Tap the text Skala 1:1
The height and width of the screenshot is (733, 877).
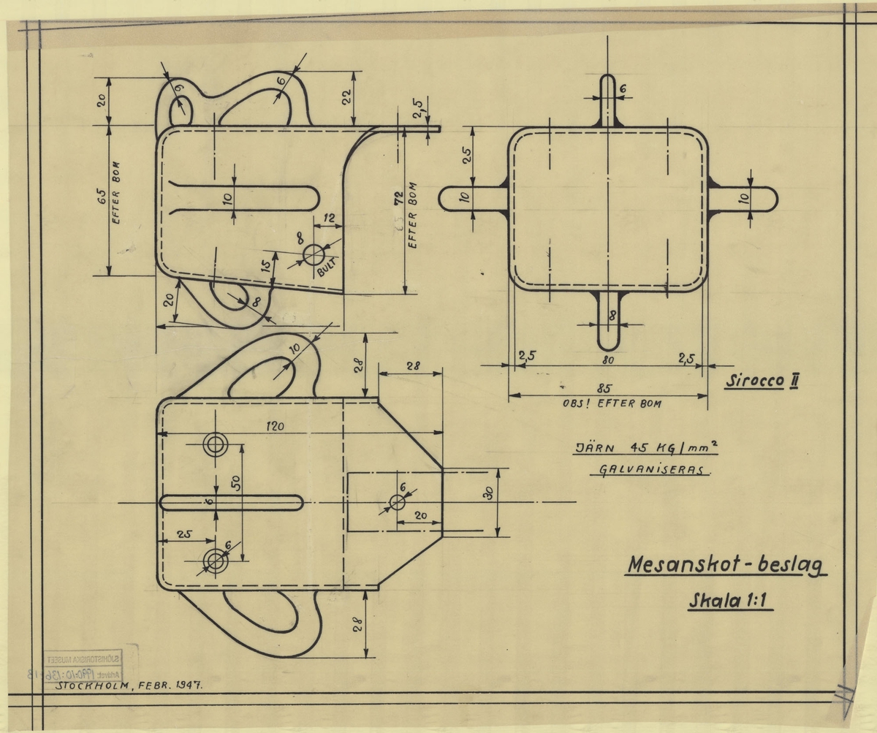point(730,603)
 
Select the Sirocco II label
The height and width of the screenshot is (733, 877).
point(761,381)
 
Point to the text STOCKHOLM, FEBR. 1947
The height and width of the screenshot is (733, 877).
point(124,686)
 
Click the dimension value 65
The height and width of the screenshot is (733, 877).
point(102,199)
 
